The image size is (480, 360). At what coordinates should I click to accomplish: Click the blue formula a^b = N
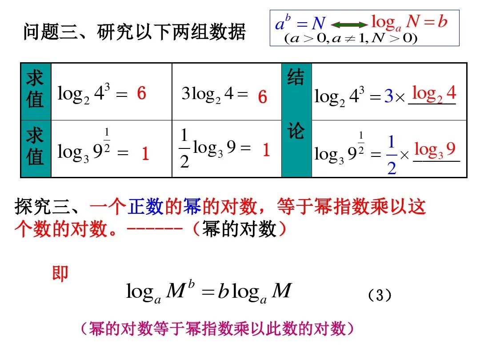coord(300,22)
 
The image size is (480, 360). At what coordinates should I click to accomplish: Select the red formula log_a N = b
coord(409,21)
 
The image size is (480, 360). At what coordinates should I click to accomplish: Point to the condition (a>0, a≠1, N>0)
coord(351,39)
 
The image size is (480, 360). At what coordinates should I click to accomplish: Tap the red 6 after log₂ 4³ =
coord(141,94)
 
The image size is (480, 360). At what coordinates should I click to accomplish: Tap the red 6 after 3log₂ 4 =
coord(263,97)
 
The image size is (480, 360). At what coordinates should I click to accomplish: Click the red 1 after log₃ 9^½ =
coord(145,154)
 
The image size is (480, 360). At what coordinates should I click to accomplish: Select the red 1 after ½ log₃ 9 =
coord(266,151)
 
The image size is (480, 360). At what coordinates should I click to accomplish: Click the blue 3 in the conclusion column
coord(388,96)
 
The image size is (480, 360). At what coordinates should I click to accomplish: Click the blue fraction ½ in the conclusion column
coord(391,155)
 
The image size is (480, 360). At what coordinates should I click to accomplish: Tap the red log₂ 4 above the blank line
coord(434,94)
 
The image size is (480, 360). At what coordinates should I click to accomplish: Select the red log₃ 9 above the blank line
coord(435,150)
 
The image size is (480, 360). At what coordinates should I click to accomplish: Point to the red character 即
coord(60,273)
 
